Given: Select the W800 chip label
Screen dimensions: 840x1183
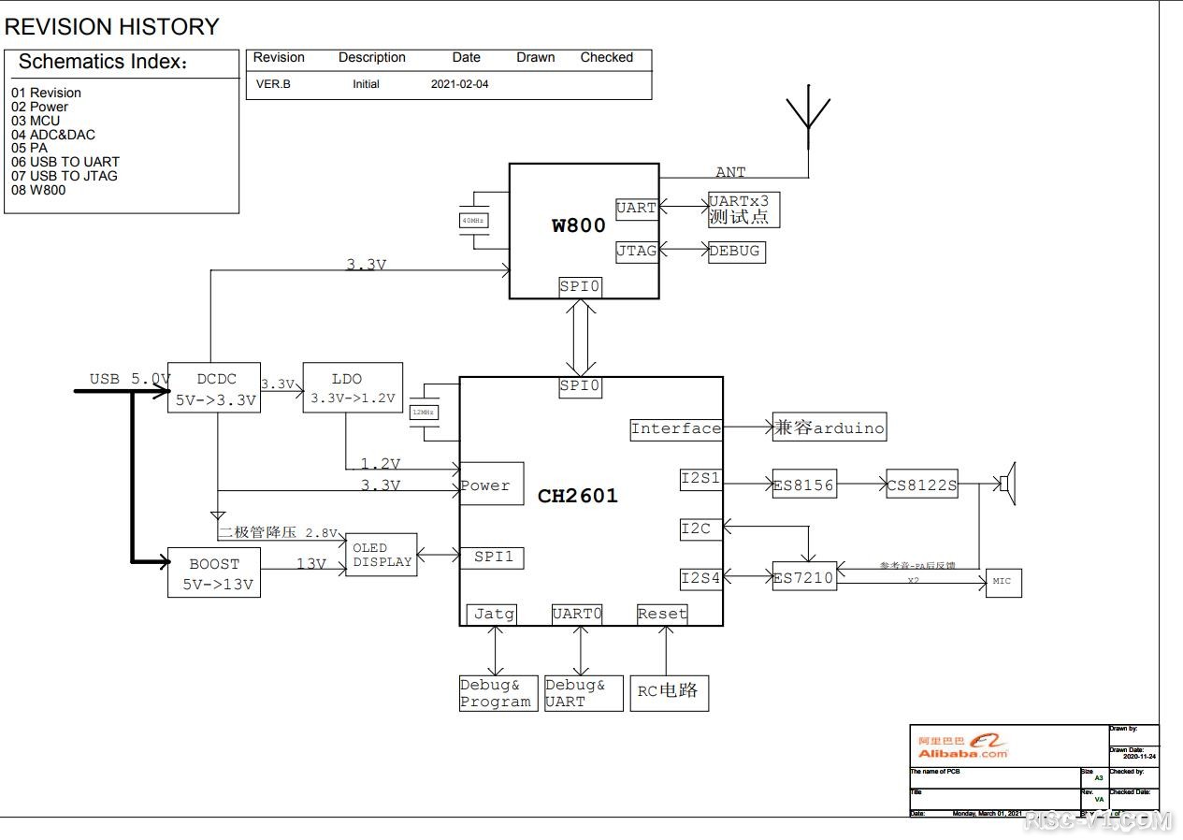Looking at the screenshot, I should pos(579,225).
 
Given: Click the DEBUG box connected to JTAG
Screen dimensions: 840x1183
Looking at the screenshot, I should pos(736,252).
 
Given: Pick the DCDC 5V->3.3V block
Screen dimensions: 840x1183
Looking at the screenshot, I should pos(214,388).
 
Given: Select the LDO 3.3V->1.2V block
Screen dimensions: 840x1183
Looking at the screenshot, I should pos(353,388).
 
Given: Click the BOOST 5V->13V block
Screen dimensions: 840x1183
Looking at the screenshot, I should pos(214,572).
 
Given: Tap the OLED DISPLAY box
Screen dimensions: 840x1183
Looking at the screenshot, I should pos(382,555).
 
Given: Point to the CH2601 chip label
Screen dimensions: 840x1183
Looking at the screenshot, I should pos(578,496).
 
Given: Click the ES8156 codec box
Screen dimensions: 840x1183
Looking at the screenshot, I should pos(804,485).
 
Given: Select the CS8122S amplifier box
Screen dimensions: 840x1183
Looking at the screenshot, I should pos(922,485).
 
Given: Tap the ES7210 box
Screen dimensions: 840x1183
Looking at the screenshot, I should pos(803,577).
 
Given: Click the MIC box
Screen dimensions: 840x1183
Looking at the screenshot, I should pos(1003,582).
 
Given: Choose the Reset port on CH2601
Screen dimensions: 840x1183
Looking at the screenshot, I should pos(662,615).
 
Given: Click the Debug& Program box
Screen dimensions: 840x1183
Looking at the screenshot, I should pos(498,693).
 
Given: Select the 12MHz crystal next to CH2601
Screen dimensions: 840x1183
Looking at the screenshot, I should pos(425,412).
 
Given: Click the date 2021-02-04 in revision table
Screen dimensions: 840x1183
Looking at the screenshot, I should pos(459,84).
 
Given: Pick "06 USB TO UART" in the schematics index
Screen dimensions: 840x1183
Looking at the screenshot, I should pos(65,162).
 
